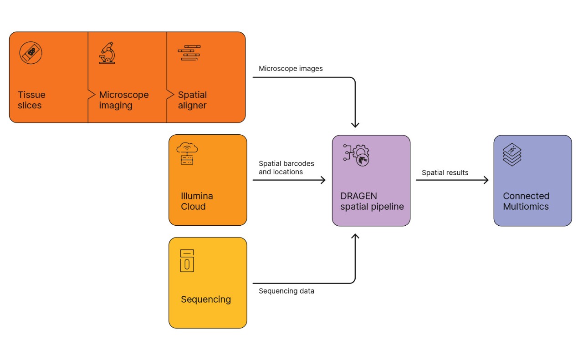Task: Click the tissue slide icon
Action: point(31,52)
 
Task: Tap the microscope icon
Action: point(107,53)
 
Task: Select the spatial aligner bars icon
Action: point(189,53)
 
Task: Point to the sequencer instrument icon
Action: point(187,260)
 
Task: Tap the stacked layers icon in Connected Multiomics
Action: point(512,154)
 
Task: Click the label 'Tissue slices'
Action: point(31,100)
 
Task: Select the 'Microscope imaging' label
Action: point(123,100)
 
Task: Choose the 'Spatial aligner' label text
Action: point(192,100)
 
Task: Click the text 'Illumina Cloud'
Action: point(197,201)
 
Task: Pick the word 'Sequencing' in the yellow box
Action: point(206,299)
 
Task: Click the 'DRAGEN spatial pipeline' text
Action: point(372,201)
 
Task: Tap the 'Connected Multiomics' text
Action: point(526,201)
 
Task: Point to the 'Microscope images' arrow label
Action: point(291,69)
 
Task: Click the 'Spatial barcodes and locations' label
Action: point(286,167)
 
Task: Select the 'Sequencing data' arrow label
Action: point(286,291)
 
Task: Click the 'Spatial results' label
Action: point(445,172)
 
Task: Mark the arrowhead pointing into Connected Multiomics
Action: point(486,180)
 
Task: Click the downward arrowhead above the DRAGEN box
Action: point(355,125)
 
